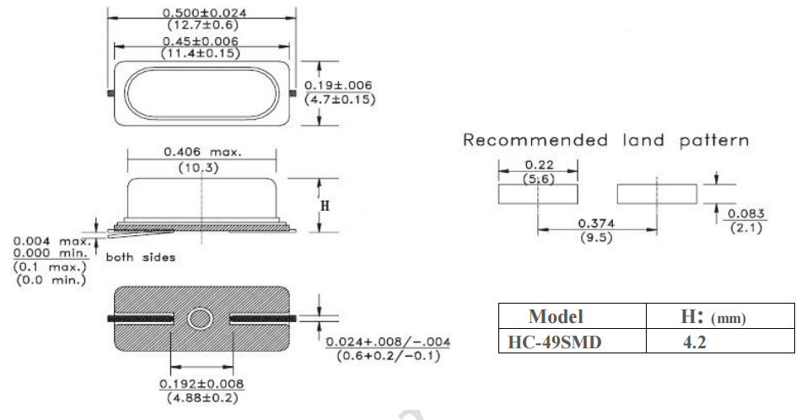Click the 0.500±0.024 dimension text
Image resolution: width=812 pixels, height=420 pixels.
pos(202,13)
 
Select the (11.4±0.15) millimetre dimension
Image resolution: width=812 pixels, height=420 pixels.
pos(202,53)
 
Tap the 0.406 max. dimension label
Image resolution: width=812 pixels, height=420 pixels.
pos(202,153)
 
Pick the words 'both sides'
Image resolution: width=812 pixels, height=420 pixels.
pos(141,257)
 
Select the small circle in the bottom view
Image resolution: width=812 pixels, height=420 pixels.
pos(202,318)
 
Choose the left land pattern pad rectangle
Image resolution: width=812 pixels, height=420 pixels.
pos(538,195)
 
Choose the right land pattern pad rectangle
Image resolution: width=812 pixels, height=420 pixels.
pos(657,195)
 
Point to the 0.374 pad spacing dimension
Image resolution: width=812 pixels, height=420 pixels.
pos(596,223)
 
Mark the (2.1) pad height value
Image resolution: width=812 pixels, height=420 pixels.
pos(745,229)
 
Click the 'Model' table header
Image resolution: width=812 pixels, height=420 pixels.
pos(556,317)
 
